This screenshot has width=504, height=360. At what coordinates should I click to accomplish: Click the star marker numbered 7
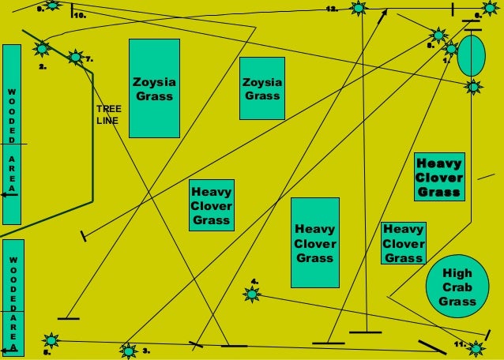tap(75, 57)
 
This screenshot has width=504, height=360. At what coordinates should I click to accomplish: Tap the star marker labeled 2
tap(41, 49)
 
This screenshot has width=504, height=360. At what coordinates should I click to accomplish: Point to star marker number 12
tap(358, 9)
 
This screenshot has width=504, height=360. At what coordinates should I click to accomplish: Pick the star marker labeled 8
tap(438, 35)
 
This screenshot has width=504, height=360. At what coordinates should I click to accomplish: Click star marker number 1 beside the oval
tap(451, 49)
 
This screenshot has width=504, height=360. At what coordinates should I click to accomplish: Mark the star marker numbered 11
tap(476, 347)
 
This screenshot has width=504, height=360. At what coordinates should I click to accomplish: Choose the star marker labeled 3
tap(126, 350)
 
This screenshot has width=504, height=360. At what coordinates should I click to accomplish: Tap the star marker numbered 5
tap(51, 341)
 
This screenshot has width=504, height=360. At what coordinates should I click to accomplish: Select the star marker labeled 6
tap(473, 87)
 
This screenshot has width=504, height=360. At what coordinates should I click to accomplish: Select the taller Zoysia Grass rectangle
tap(154, 88)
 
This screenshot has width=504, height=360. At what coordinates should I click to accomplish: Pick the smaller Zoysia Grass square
tap(262, 88)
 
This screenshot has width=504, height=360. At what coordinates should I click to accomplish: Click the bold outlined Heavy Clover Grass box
tap(438, 177)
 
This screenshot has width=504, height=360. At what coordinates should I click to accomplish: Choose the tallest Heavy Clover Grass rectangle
tap(314, 243)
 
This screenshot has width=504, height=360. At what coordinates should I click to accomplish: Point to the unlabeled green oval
tap(471, 55)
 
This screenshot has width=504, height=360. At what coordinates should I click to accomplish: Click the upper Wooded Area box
tap(12, 134)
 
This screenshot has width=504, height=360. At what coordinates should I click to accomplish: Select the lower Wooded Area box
tap(13, 296)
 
